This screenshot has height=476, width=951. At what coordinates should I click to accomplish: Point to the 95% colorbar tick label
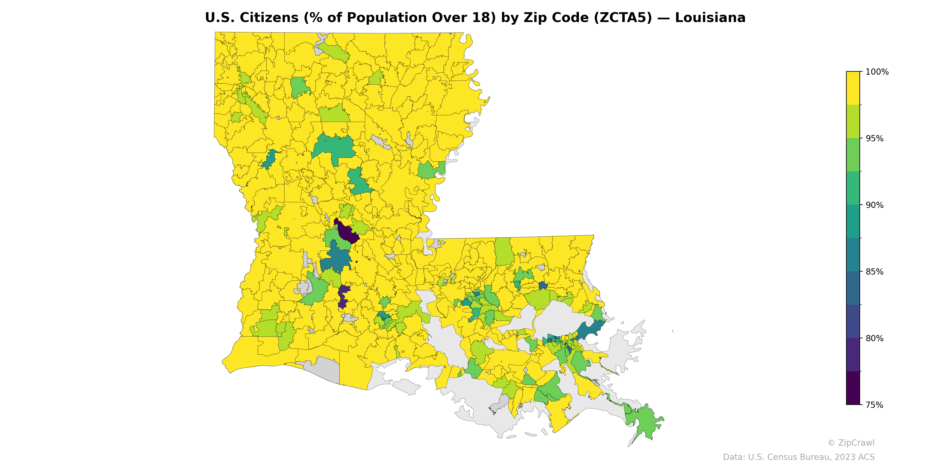(x=874, y=139)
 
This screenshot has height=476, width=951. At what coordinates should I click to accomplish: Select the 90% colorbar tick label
(x=874, y=205)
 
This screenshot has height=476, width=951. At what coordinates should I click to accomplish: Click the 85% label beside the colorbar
(x=874, y=272)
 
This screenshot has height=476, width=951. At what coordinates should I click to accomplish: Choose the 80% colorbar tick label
(x=874, y=338)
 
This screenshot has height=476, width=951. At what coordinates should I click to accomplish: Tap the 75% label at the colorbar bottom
(x=874, y=405)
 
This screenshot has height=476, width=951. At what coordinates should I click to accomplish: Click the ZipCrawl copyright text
(x=851, y=443)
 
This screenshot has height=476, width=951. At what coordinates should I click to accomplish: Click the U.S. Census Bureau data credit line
(x=798, y=457)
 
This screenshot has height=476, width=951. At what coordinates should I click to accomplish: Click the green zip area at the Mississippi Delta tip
(x=644, y=421)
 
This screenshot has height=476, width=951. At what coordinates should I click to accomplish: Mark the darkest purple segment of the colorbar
(x=853, y=388)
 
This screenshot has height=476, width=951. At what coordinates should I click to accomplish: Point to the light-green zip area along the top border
(x=334, y=52)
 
